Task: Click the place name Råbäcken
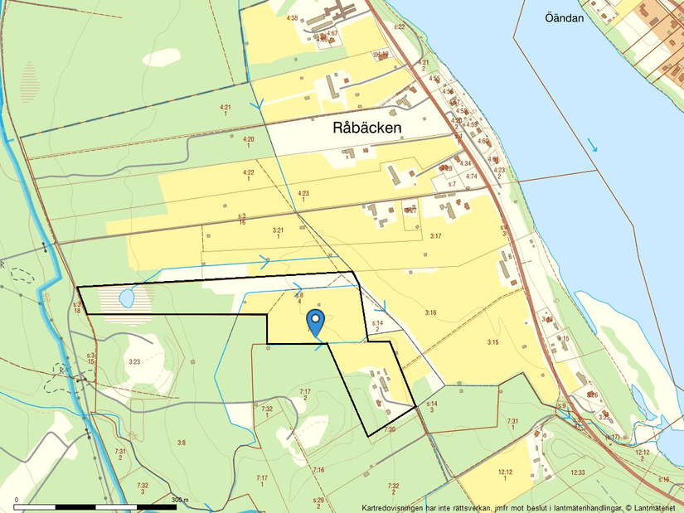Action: (x=366, y=128)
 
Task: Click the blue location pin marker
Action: (x=315, y=320)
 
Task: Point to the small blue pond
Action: (x=128, y=297)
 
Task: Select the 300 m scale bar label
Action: (x=180, y=500)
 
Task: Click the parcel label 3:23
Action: (x=134, y=362)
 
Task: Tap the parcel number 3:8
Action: (x=182, y=443)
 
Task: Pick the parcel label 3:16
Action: (x=430, y=312)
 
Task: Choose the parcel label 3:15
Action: (x=492, y=341)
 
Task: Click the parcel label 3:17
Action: (x=436, y=236)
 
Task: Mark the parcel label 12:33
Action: (x=577, y=472)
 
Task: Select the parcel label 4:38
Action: (x=292, y=17)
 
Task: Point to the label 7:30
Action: (x=390, y=429)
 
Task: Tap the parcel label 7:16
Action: (x=318, y=470)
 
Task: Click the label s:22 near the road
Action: (x=399, y=27)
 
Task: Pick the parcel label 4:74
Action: (x=471, y=177)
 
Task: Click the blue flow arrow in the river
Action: (x=592, y=145)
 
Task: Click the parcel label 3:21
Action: (x=278, y=230)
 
